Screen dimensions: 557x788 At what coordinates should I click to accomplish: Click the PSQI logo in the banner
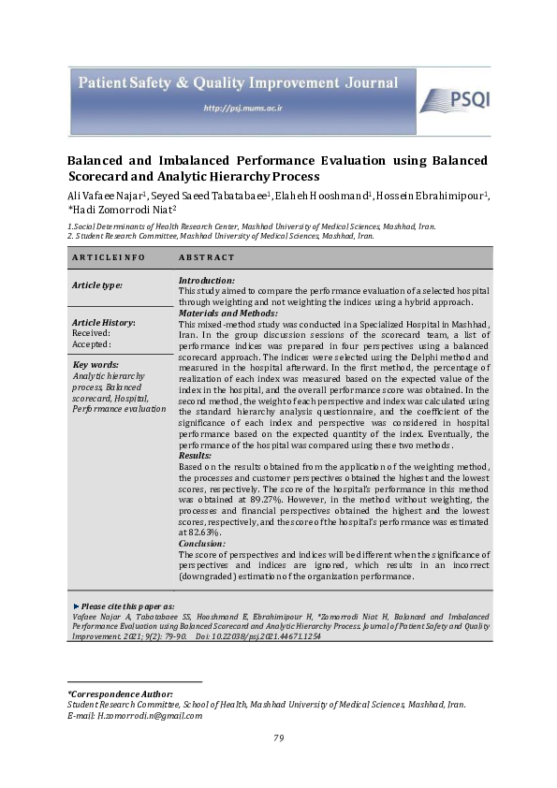(x=453, y=100)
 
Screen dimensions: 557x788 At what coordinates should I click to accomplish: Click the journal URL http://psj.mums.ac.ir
(x=242, y=109)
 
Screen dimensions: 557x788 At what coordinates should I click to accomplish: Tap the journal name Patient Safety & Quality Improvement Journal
(x=237, y=83)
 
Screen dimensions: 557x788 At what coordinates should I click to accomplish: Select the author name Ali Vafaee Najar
(x=106, y=195)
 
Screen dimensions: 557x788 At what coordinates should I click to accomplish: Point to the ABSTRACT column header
(x=206, y=256)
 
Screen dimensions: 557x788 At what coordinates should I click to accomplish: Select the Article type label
(x=98, y=285)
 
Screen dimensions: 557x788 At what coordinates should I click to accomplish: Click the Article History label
(x=104, y=322)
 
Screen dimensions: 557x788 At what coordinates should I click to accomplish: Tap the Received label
(x=91, y=332)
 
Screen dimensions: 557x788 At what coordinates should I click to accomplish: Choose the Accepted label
(x=92, y=343)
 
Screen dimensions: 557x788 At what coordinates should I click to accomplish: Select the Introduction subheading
(x=207, y=281)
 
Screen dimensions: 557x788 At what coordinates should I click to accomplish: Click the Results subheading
(x=195, y=456)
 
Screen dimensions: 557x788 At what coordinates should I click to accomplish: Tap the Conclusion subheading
(x=203, y=544)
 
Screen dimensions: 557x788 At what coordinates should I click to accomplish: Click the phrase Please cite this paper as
(x=131, y=606)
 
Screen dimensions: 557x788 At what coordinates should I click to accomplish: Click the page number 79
(x=278, y=738)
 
